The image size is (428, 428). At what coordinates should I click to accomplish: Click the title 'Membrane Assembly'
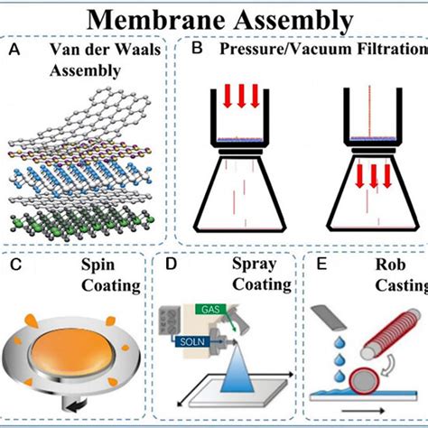[x=214, y=18]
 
